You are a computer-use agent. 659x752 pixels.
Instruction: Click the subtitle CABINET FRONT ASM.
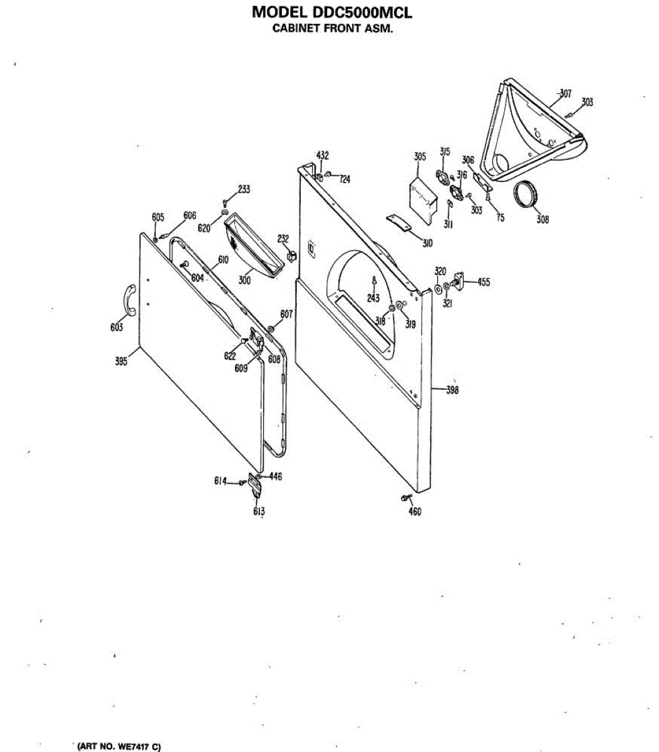tap(332, 28)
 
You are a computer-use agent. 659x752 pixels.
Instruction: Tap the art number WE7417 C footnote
tap(118, 746)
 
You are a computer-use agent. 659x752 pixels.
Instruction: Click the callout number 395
tap(121, 361)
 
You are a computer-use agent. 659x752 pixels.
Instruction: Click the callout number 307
tap(565, 94)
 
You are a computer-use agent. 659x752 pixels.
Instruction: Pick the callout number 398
tap(452, 390)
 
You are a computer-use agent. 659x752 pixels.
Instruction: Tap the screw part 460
tap(405, 498)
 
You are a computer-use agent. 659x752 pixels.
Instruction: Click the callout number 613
tap(259, 511)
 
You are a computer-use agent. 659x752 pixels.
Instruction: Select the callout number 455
tap(483, 282)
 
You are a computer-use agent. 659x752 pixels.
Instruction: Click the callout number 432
tap(322, 155)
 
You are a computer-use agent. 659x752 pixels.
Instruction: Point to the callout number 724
tap(345, 179)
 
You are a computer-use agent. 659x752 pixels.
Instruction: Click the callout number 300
tap(244, 281)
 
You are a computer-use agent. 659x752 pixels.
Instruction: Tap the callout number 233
tap(244, 190)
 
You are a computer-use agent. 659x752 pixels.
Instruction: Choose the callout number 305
tap(420, 157)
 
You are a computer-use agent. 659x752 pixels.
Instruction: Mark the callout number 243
tap(373, 298)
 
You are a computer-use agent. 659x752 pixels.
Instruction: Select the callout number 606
tap(190, 216)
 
